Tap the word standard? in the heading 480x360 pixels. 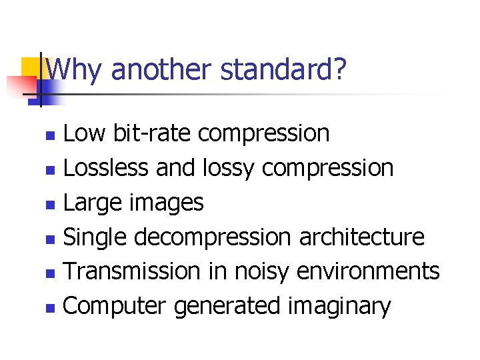click(x=284, y=69)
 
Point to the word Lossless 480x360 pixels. click(x=105, y=168)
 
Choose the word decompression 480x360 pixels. click(x=213, y=237)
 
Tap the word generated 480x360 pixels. click(x=227, y=307)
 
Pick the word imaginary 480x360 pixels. click(x=339, y=307)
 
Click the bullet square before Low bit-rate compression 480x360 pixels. click(x=49, y=135)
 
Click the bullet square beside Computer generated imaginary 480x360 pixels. click(x=49, y=308)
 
